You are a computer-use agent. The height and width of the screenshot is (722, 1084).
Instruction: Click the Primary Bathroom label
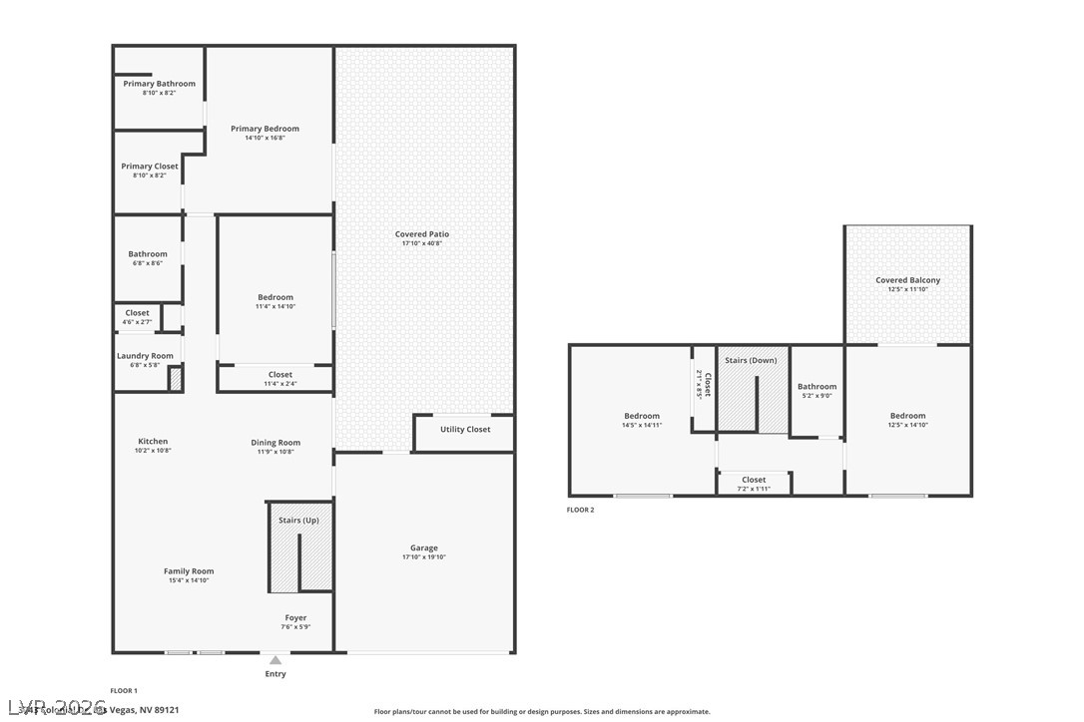pos(159,84)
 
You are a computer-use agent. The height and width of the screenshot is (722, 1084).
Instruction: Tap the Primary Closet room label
pos(150,167)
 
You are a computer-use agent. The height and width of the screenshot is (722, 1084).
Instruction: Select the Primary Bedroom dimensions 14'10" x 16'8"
pos(265,138)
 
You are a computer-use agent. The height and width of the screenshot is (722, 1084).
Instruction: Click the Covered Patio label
pos(422,234)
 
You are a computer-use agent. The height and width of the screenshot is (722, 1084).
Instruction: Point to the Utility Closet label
pos(465,430)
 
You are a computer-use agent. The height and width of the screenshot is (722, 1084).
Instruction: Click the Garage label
pos(423,547)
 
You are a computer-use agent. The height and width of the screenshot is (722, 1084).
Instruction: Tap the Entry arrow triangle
pos(275,660)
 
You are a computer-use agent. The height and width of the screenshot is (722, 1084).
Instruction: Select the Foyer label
pos(295,618)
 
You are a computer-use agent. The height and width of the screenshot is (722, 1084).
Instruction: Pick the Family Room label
pos(189,571)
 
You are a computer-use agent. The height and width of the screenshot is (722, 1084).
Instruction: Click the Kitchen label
pos(153,441)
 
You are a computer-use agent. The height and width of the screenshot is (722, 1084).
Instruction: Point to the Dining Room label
pos(275,443)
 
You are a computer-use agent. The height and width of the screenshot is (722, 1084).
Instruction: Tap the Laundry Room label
pos(145,356)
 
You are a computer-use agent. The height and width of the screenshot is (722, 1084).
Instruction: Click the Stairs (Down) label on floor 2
pos(751,360)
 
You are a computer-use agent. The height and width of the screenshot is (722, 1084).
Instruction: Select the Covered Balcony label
pos(907,280)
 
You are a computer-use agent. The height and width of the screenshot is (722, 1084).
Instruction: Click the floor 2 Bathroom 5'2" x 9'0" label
pos(816,387)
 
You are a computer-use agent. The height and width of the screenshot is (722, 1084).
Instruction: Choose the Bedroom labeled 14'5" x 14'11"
pos(642,416)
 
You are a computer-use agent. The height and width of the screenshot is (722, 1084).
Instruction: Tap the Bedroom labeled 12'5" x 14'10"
pos(907,416)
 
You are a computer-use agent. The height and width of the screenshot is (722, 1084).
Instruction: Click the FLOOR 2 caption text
pos(580,510)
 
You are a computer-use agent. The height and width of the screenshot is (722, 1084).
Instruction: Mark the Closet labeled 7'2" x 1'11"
pos(754,480)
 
